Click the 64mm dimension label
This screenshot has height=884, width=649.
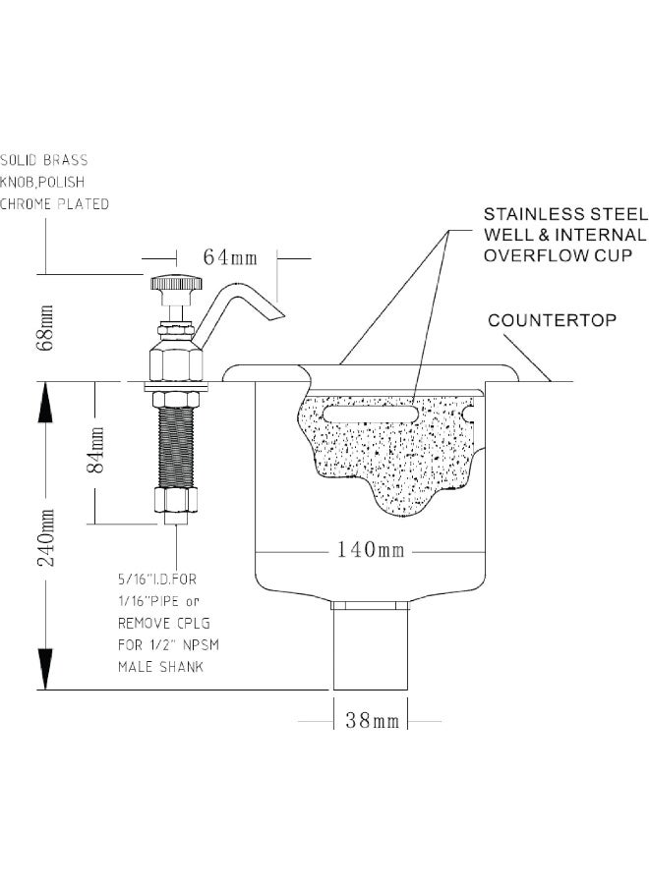coord(230,257)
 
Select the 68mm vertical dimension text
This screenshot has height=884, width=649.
coord(44,327)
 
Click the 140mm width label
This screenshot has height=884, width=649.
coord(370,549)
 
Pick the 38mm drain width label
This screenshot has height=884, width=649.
coord(372,720)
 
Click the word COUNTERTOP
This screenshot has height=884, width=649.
coord(552,320)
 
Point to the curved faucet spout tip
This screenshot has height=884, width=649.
coord(273,314)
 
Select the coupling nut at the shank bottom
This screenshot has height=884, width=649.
coord(175,503)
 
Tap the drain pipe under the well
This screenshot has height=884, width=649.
coord(371,648)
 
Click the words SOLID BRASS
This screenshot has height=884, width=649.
coord(43,159)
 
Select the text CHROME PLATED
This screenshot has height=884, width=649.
coord(54,203)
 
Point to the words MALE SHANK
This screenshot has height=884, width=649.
coord(161,667)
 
